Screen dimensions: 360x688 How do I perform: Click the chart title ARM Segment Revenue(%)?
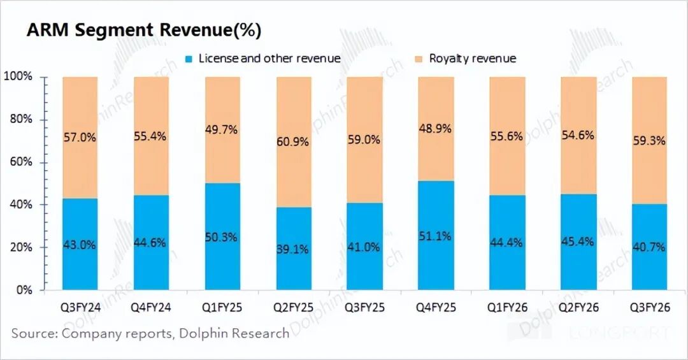[143, 31]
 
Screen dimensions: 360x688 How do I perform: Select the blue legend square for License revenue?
[189, 59]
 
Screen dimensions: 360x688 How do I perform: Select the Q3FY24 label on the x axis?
[80, 308]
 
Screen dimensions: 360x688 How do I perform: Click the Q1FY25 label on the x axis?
[222, 308]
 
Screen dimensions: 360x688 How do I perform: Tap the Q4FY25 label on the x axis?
[436, 308]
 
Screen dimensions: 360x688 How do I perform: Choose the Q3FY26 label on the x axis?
[650, 308]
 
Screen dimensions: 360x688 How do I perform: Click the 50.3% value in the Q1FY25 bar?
[222, 238]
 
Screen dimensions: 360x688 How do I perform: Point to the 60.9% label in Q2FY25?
[294, 141]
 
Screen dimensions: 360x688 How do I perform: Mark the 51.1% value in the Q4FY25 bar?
[436, 236]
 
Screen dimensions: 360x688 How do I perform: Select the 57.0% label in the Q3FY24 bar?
[80, 136]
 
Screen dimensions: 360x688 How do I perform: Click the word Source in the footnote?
[31, 333]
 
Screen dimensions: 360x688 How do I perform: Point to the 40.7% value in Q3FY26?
[650, 247]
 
